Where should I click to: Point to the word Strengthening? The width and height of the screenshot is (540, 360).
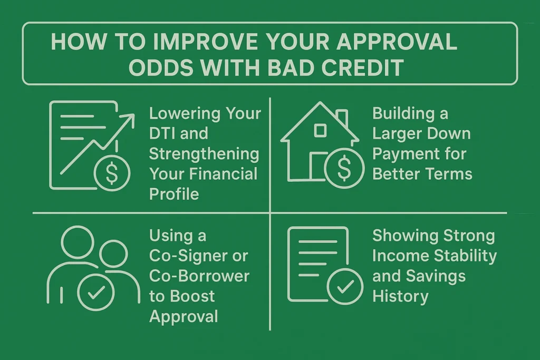[x=204, y=153]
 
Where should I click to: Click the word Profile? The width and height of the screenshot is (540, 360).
[x=174, y=193]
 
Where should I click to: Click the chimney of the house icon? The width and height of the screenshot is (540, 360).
[x=342, y=117]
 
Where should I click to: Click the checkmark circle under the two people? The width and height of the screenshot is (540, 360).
[x=95, y=292]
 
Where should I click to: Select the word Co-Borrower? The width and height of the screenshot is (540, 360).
[x=199, y=276]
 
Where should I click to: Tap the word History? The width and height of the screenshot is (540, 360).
[x=400, y=296]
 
